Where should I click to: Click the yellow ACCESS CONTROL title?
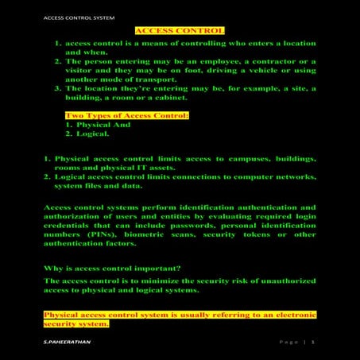tap(180, 30)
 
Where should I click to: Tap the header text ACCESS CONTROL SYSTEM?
tap(69, 15)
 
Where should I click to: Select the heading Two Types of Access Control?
tap(127, 116)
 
